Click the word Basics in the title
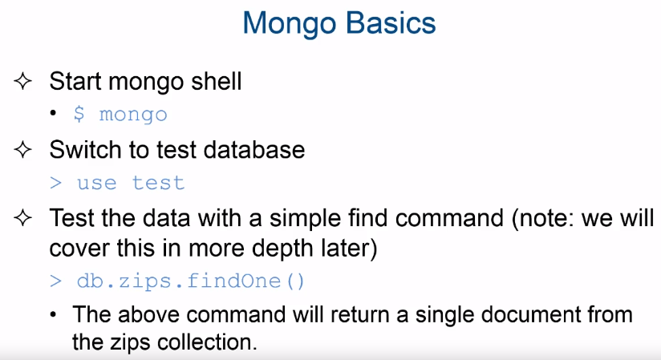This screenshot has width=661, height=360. click(x=391, y=22)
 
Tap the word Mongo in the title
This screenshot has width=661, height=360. click(x=289, y=24)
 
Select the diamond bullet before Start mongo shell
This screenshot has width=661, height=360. click(x=22, y=81)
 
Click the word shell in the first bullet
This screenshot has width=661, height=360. click(x=217, y=80)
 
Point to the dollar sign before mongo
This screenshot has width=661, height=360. click(x=79, y=114)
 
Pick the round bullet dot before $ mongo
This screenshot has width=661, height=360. click(x=53, y=113)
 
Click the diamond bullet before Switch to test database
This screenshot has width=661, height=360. click(x=22, y=150)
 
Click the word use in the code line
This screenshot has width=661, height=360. click(x=96, y=184)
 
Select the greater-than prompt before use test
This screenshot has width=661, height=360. click(x=55, y=184)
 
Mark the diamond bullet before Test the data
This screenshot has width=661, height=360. click(x=22, y=218)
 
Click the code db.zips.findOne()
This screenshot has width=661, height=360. click(x=191, y=281)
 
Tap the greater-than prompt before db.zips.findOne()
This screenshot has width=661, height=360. click(x=55, y=281)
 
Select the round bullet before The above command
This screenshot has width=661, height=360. click(x=53, y=314)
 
